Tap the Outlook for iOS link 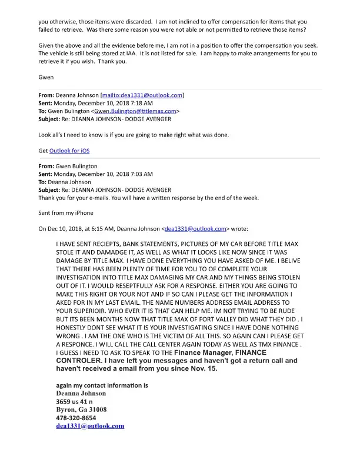coord(69,151)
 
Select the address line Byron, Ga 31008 coord(81,409)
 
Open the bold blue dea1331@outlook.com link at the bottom coord(90,425)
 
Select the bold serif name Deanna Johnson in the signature coord(81,393)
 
